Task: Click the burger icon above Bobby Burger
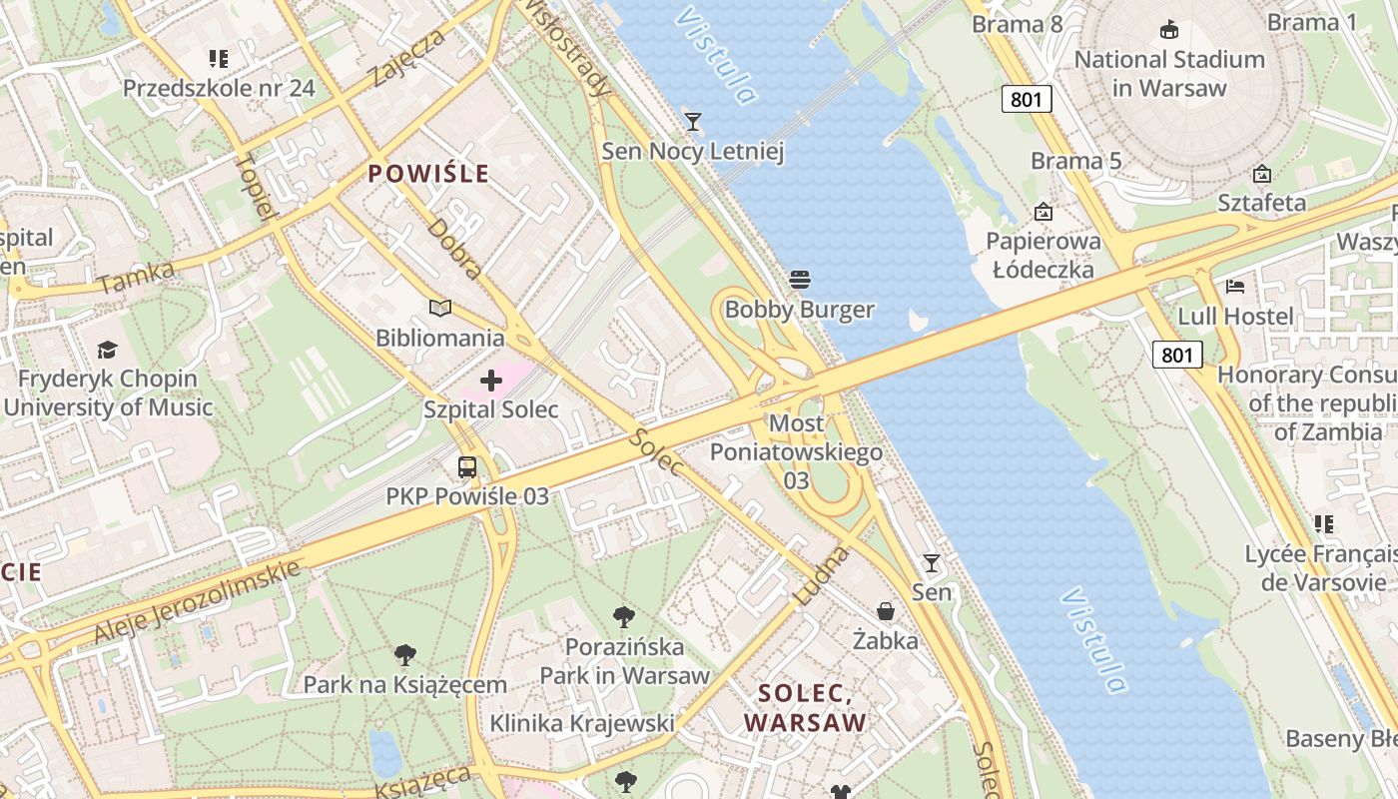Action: pos(799,279)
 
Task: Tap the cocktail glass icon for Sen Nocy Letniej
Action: pos(692,122)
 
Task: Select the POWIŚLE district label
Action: pos(428,174)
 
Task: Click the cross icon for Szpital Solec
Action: pos(491,381)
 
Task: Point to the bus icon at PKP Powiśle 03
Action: pos(467,466)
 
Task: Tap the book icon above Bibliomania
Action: pos(440,308)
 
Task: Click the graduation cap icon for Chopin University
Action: pos(107,349)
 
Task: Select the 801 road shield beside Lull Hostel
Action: pos(1177,354)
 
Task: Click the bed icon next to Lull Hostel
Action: pos(1235,287)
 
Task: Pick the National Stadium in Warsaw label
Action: pos(1169,73)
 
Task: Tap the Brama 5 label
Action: pos(1076,161)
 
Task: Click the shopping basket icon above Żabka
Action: pos(886,610)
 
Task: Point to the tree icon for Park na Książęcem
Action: pos(404,655)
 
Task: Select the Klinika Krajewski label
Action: pos(582,723)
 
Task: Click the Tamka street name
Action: pos(137,278)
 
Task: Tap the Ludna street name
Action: pos(822,575)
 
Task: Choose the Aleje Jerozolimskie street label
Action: pos(197,601)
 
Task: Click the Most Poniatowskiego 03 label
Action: pos(796,451)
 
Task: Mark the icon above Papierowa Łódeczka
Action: pos(1044,212)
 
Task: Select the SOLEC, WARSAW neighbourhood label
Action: pos(805,707)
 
